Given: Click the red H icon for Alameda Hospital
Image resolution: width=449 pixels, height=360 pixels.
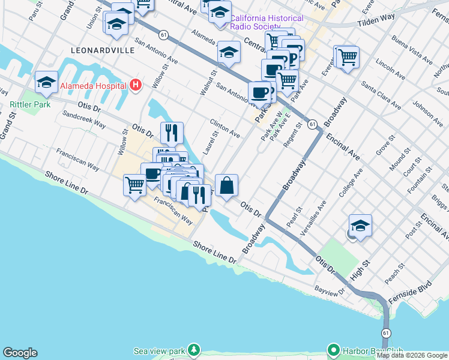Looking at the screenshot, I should pyautogui.click(x=136, y=86).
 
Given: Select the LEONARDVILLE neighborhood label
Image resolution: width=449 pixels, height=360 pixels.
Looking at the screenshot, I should pyautogui.click(x=103, y=51).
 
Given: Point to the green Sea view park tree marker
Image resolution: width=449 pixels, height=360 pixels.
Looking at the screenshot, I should pyautogui.click(x=193, y=349).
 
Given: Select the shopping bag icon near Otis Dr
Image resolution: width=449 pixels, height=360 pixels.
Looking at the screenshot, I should pyautogui.click(x=227, y=185).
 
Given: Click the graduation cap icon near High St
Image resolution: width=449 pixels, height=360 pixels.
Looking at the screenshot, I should pyautogui.click(x=360, y=226).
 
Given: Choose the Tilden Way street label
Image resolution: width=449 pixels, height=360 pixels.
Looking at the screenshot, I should pyautogui.click(x=376, y=21).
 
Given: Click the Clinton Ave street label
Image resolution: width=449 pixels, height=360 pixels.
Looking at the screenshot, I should pyautogui.click(x=225, y=127).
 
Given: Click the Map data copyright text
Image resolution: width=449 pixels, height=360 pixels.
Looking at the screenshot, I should pyautogui.click(x=412, y=355).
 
